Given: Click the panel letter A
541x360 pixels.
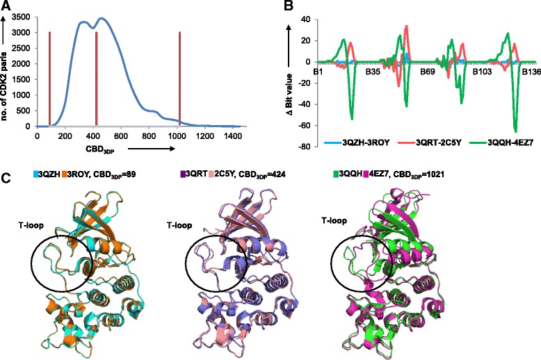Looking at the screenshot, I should click(x=6, y=6).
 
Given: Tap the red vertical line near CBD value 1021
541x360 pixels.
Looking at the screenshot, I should click(x=179, y=76).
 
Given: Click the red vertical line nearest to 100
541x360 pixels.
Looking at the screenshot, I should click(x=50, y=76).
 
